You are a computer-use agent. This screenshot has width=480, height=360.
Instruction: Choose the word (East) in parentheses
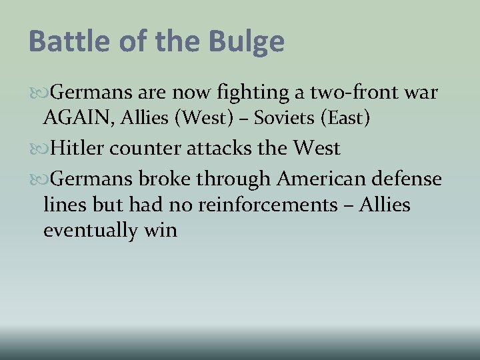(345, 118)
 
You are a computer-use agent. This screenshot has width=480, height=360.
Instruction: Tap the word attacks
(217, 148)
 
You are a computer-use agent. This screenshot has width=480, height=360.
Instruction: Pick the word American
(323, 179)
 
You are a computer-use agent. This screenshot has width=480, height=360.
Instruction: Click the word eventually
(91, 231)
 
